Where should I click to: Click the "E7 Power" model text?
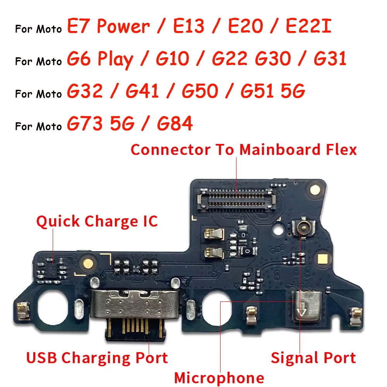108,27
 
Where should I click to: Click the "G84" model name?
175,124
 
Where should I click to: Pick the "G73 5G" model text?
101,124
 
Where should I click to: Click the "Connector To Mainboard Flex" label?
244,150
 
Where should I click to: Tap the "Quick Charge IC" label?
97,221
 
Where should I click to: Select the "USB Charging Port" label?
97,358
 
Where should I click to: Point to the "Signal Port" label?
313,358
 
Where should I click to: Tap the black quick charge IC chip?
53,267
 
